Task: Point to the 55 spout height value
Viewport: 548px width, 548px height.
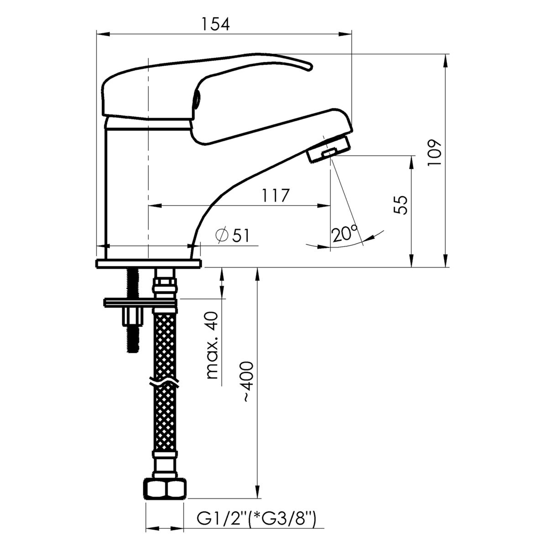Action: click(x=401, y=205)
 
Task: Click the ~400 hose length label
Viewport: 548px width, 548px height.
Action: click(x=247, y=381)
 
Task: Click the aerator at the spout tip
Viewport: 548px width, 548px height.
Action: click(x=329, y=149)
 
